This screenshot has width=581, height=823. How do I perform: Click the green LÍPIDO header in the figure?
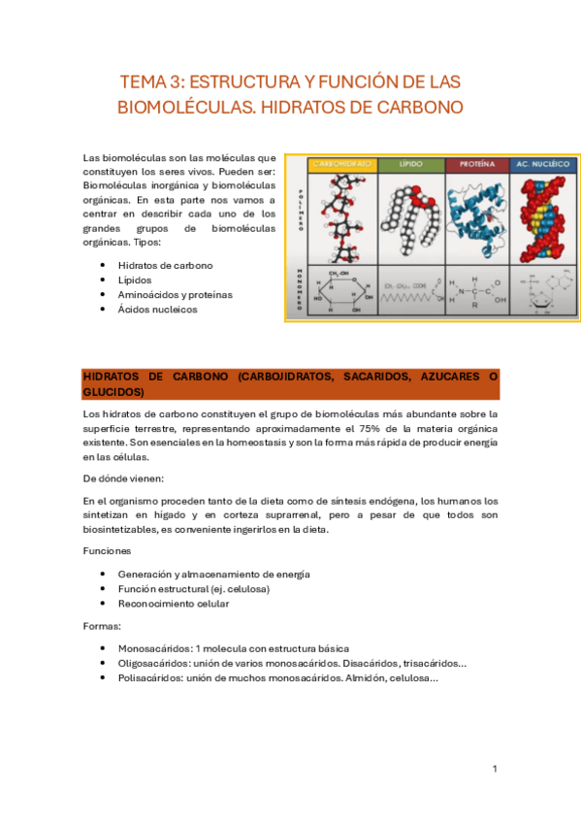point(409,165)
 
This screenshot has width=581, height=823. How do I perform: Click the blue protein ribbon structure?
point(477,214)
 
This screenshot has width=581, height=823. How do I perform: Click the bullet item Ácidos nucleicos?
point(157,309)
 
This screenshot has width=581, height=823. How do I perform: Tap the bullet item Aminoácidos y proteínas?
point(175,294)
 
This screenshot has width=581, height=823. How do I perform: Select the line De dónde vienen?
point(123,477)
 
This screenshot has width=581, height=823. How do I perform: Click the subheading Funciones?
point(108,550)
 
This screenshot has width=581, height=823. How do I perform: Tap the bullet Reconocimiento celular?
point(174,603)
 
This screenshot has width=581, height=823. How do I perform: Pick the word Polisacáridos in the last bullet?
point(150,677)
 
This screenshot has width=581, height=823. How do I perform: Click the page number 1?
point(495,769)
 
